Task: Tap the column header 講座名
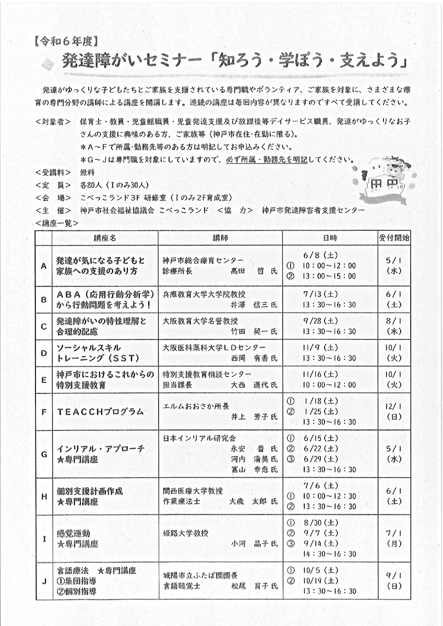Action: tap(104, 238)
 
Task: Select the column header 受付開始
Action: tap(394, 238)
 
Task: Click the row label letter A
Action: tap(44, 265)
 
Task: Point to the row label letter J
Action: tap(44, 581)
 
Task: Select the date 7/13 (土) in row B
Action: tap(320, 294)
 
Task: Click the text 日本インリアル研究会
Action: tap(199, 438)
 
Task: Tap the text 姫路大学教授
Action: tap(185, 533)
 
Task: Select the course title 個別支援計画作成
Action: tap(90, 491)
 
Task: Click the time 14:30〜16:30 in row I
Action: tap(329, 554)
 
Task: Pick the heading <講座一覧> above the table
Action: tap(57, 223)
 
